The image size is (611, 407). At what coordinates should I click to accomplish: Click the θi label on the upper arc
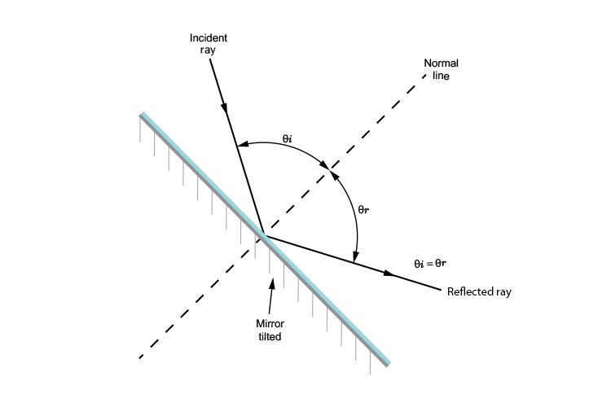tap(287, 138)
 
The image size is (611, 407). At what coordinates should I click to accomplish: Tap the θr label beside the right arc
tap(365, 209)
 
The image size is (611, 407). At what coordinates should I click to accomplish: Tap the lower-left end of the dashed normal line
tap(141, 357)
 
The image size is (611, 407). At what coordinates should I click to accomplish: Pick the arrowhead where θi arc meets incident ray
tap(240, 147)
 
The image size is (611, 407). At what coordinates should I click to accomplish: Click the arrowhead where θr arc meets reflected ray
tap(355, 259)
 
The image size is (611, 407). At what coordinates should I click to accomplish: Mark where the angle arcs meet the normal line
tap(329, 170)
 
